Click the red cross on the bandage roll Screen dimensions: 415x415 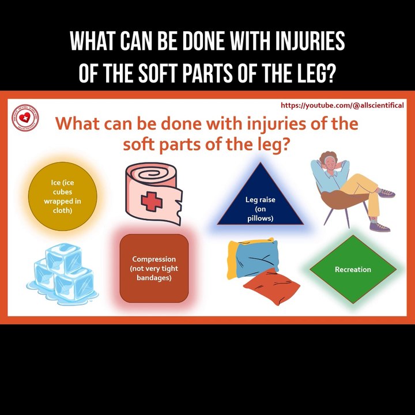[x=152, y=201]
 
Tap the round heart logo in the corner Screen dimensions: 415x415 [x=25, y=118]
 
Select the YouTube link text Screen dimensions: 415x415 [x=342, y=105]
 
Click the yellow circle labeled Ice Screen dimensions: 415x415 [x=63, y=196]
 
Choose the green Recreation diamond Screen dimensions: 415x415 [x=353, y=269]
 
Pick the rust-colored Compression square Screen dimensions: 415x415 [x=154, y=268]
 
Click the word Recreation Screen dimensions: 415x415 [x=353, y=269]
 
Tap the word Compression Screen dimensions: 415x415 [x=154, y=259]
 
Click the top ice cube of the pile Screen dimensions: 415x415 [x=63, y=258]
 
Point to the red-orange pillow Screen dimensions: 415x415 [x=272, y=286]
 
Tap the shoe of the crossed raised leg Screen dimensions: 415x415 [x=386, y=193]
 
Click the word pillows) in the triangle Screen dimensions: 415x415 [x=261, y=218]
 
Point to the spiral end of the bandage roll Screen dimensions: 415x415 [x=151, y=175]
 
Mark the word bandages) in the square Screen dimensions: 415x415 [x=154, y=278]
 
